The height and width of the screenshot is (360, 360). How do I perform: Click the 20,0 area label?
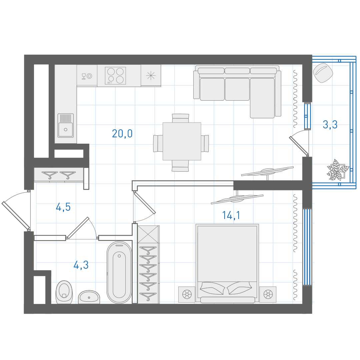click(x=122, y=134)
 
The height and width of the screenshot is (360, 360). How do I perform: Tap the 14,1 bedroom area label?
click(x=231, y=215)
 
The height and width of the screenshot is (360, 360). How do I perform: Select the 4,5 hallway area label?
click(x=63, y=207)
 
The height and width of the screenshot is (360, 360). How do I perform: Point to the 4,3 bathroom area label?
click(x=81, y=265)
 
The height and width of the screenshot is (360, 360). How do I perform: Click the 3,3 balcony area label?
click(x=330, y=125)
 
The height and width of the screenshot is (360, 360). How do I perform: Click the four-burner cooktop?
click(x=115, y=76)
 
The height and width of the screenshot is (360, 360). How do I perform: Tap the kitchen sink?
click(x=66, y=126)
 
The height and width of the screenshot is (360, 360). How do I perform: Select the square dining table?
click(x=182, y=141)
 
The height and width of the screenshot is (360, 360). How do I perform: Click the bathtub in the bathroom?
click(x=119, y=272)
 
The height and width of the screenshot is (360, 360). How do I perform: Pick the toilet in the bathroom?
click(x=64, y=292)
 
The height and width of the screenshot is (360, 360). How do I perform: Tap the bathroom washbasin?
click(x=89, y=297)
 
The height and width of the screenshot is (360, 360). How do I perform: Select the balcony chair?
click(x=323, y=73)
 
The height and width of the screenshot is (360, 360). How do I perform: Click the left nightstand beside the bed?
click(x=187, y=294)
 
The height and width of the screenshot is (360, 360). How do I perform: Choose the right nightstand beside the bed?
click(x=268, y=294)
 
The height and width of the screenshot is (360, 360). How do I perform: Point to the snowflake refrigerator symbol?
click(x=151, y=76)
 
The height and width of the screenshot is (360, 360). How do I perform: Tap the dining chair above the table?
click(x=180, y=118)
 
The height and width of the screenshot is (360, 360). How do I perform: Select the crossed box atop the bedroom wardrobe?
click(x=148, y=234)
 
